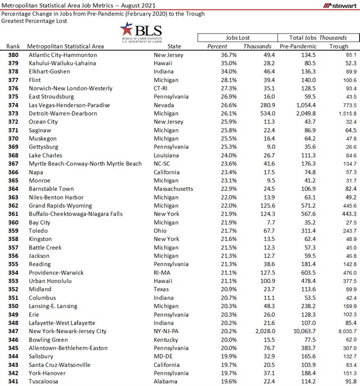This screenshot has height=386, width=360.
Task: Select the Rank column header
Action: [14, 46]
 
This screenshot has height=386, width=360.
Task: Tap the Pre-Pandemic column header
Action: [297, 46]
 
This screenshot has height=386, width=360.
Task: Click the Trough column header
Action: [339, 46]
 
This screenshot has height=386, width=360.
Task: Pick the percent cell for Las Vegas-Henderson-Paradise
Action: [218, 105]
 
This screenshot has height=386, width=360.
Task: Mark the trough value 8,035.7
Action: [343, 331]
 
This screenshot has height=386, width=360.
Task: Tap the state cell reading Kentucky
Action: [166, 340]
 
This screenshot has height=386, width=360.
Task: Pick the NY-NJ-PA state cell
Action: [167, 331]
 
